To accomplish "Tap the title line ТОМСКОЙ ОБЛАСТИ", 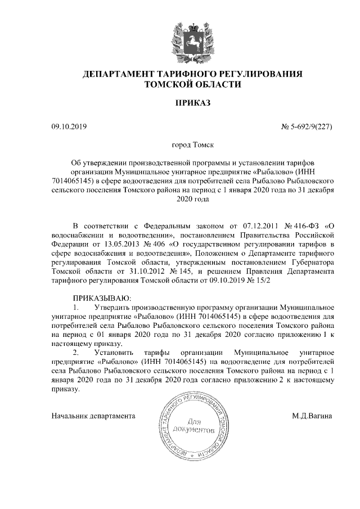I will (x=192, y=85).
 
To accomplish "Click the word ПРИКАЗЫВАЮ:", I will (x=102, y=298).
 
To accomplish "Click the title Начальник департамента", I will (x=93, y=416).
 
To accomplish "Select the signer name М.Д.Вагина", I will (x=312, y=416).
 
